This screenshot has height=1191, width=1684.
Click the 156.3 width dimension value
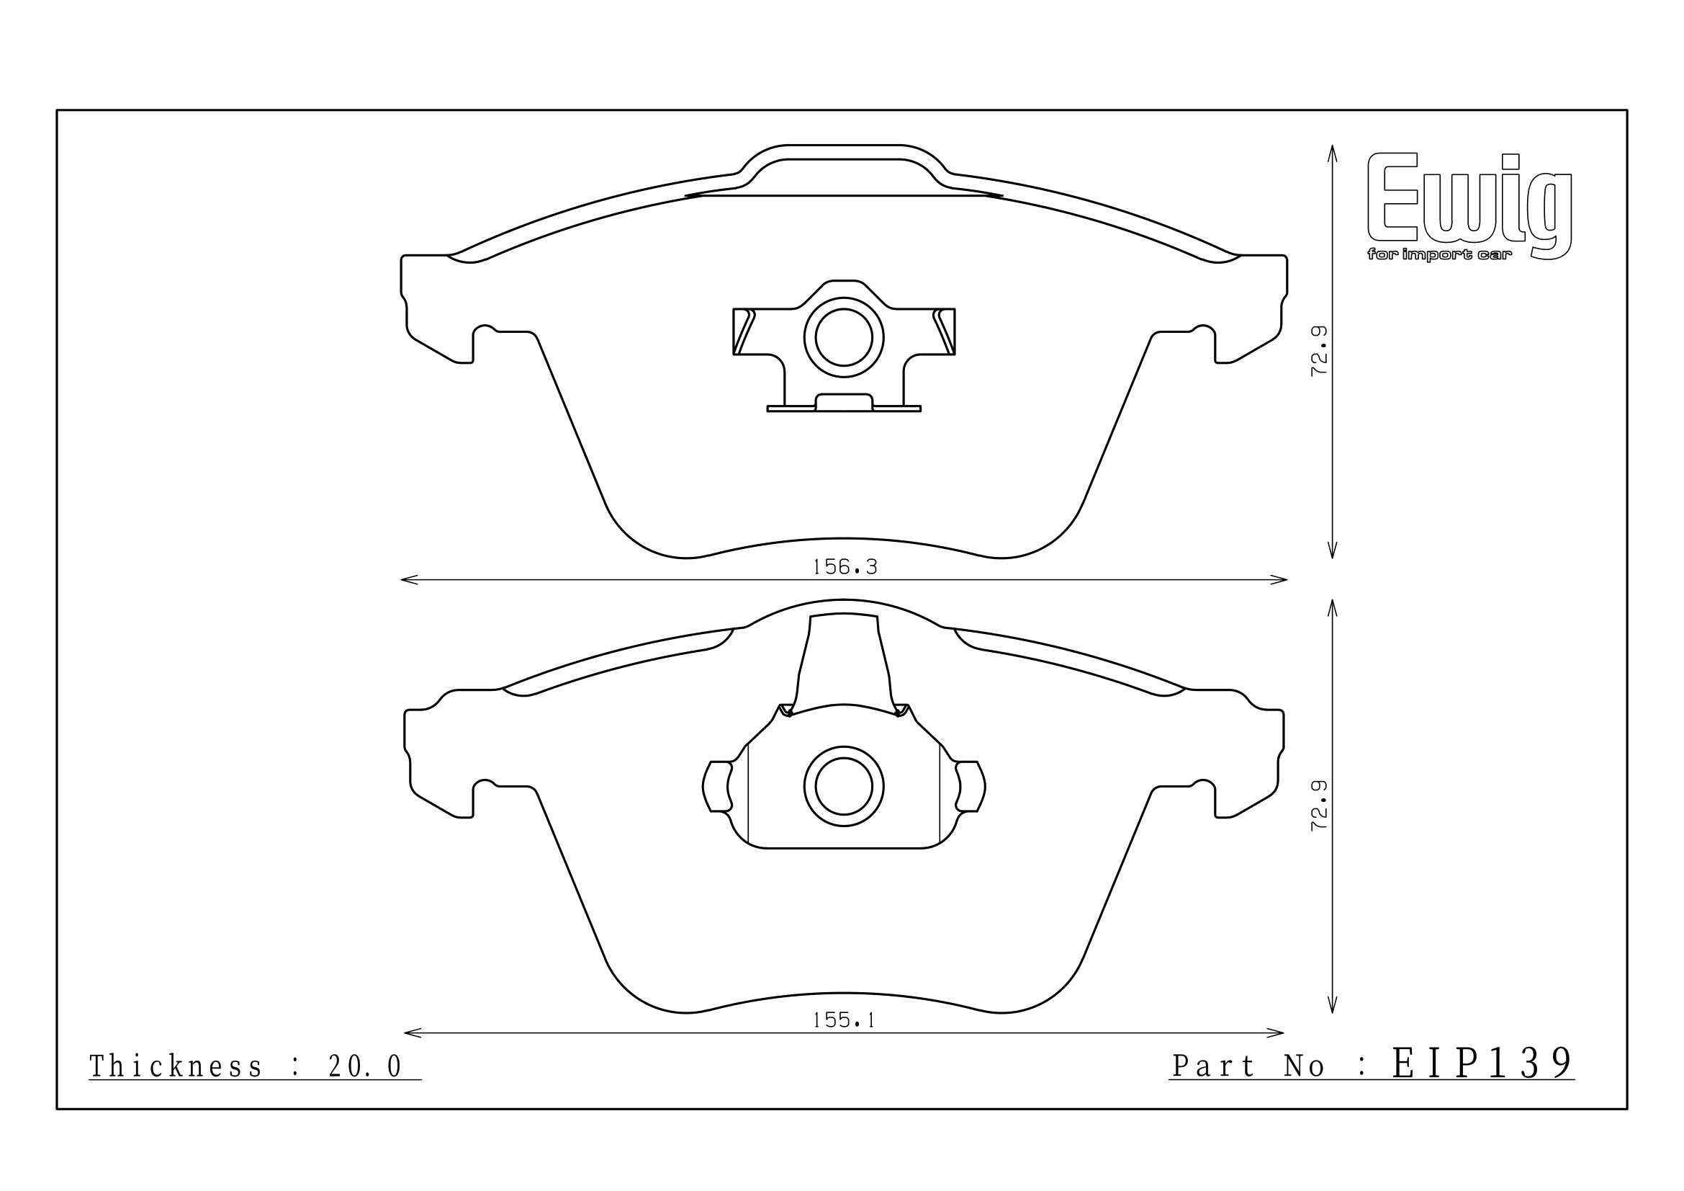click(x=845, y=566)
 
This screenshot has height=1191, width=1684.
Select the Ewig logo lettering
click(x=1470, y=199)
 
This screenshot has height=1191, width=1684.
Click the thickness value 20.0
click(x=364, y=1067)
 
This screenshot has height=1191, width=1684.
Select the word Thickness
click(x=176, y=1067)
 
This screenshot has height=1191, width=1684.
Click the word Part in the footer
click(x=1213, y=1066)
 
